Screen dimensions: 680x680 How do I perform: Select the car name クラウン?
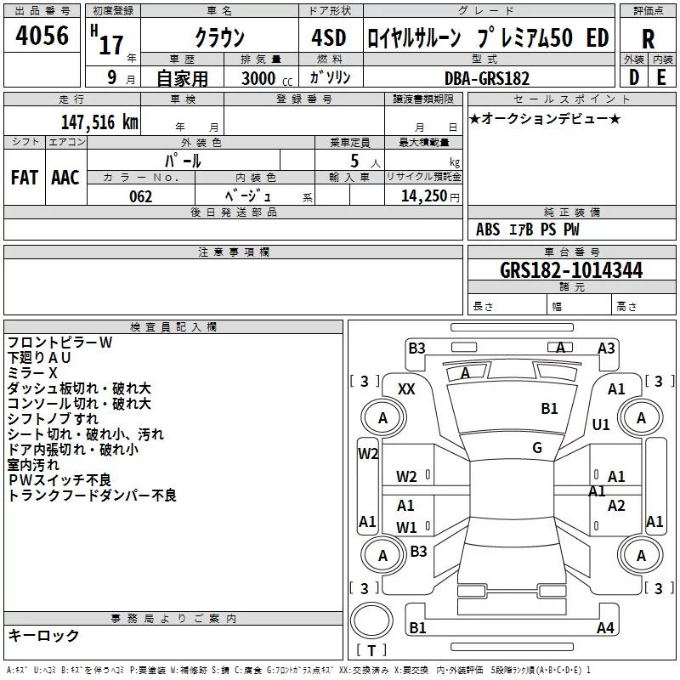pyautogui.click(x=220, y=38)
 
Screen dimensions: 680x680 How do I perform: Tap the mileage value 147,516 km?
pyautogui.click(x=99, y=122)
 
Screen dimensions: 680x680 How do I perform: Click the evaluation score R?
pyautogui.click(x=648, y=38)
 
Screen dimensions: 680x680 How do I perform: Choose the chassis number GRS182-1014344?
pyautogui.click(x=571, y=270)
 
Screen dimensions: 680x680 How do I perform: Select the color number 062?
pyautogui.click(x=141, y=196)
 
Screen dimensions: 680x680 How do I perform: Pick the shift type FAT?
pyautogui.click(x=25, y=177)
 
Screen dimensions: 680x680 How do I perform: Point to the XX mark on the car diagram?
pyautogui.click(x=406, y=388)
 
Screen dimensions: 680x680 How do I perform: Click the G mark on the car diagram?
pyautogui.click(x=537, y=448)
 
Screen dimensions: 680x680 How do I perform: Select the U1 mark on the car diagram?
pyautogui.click(x=601, y=424)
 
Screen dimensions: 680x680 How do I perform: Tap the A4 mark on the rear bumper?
pyautogui.click(x=605, y=628)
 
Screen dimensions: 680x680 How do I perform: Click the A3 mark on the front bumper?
pyautogui.click(x=606, y=348)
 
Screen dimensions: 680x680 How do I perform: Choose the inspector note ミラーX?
pyautogui.click(x=32, y=373)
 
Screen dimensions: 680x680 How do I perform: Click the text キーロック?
pyautogui.click(x=44, y=635)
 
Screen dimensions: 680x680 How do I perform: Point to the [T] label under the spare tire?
pyautogui.click(x=371, y=650)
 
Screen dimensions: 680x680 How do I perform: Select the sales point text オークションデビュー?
pyautogui.click(x=545, y=118)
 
